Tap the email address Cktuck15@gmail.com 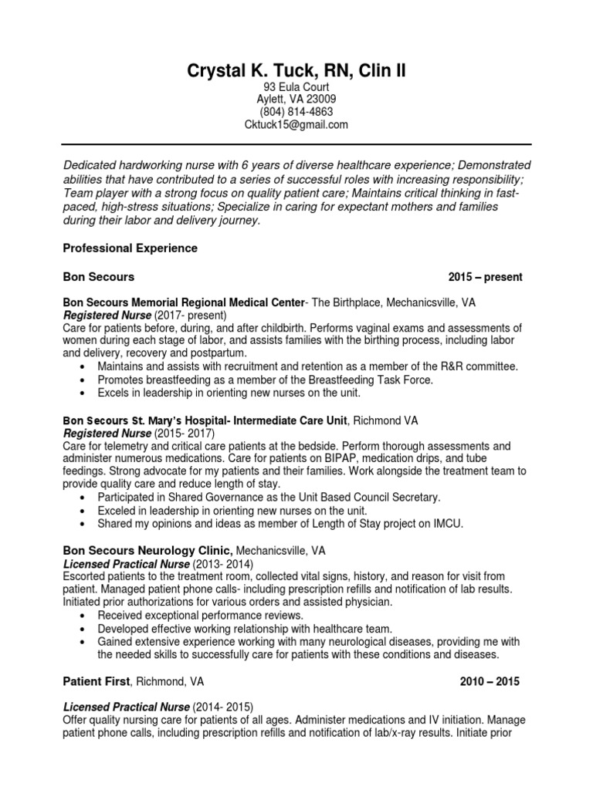(x=296, y=124)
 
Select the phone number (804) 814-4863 (x=296, y=112)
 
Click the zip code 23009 (x=320, y=100)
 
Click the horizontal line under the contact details (x=296, y=144)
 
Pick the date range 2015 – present (x=485, y=277)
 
